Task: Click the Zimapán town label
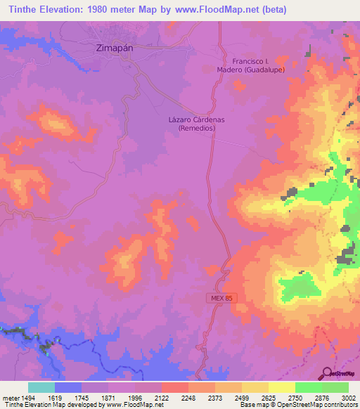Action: (x=113, y=49)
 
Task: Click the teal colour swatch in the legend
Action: (x=41, y=387)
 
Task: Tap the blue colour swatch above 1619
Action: (x=68, y=387)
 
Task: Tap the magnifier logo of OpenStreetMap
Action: (x=328, y=373)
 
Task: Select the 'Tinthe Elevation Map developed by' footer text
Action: (x=49, y=405)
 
